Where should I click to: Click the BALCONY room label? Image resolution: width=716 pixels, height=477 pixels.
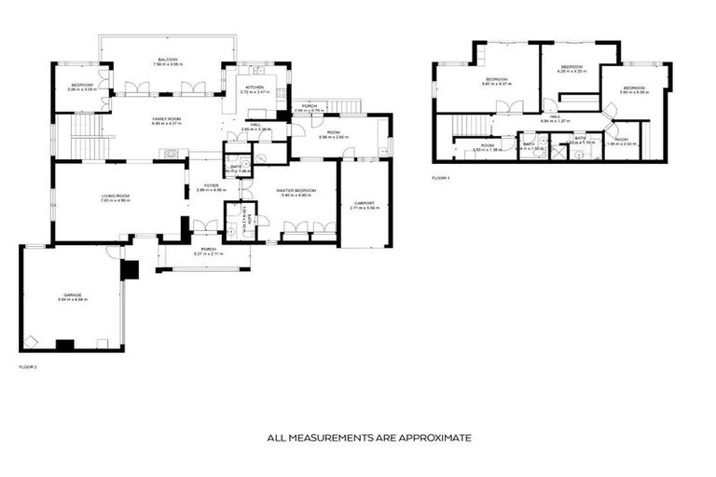[x=169, y=59]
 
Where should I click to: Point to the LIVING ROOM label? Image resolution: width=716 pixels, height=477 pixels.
[x=116, y=195]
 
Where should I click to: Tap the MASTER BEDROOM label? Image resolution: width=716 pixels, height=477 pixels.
[x=296, y=190]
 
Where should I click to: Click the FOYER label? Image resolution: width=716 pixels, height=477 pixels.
[x=212, y=185]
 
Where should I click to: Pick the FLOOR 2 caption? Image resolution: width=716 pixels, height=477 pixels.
[x=28, y=367]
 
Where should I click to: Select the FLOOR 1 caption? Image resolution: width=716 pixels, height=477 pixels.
[x=441, y=177]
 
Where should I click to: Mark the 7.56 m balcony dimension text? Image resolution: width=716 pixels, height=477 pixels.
[x=169, y=64]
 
